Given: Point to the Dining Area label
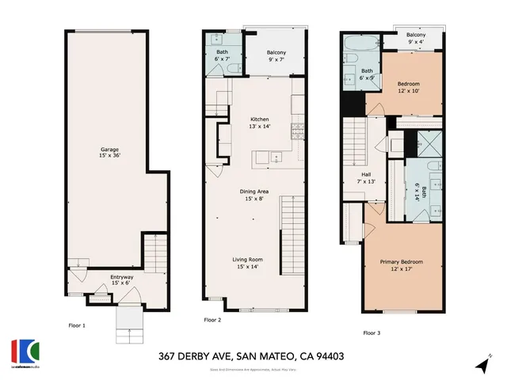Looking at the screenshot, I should pos(257,192).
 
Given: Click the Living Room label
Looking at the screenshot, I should pos(247,260).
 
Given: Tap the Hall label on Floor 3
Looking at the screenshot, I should pos(367,176).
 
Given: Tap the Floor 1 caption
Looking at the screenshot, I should pos(77,325).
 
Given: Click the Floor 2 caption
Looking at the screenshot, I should pos(212,320).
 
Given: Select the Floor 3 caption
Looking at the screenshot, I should pos(372,333).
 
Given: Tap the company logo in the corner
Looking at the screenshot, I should pos(24,352).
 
